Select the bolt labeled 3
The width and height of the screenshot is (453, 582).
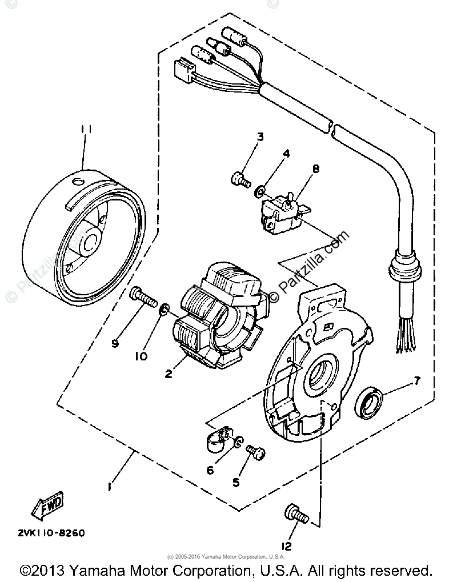[240, 179]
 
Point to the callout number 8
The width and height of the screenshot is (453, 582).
[316, 169]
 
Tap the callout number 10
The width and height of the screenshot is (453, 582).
[141, 355]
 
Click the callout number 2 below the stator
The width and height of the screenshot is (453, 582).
[169, 374]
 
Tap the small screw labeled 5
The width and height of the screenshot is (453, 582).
[255, 453]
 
